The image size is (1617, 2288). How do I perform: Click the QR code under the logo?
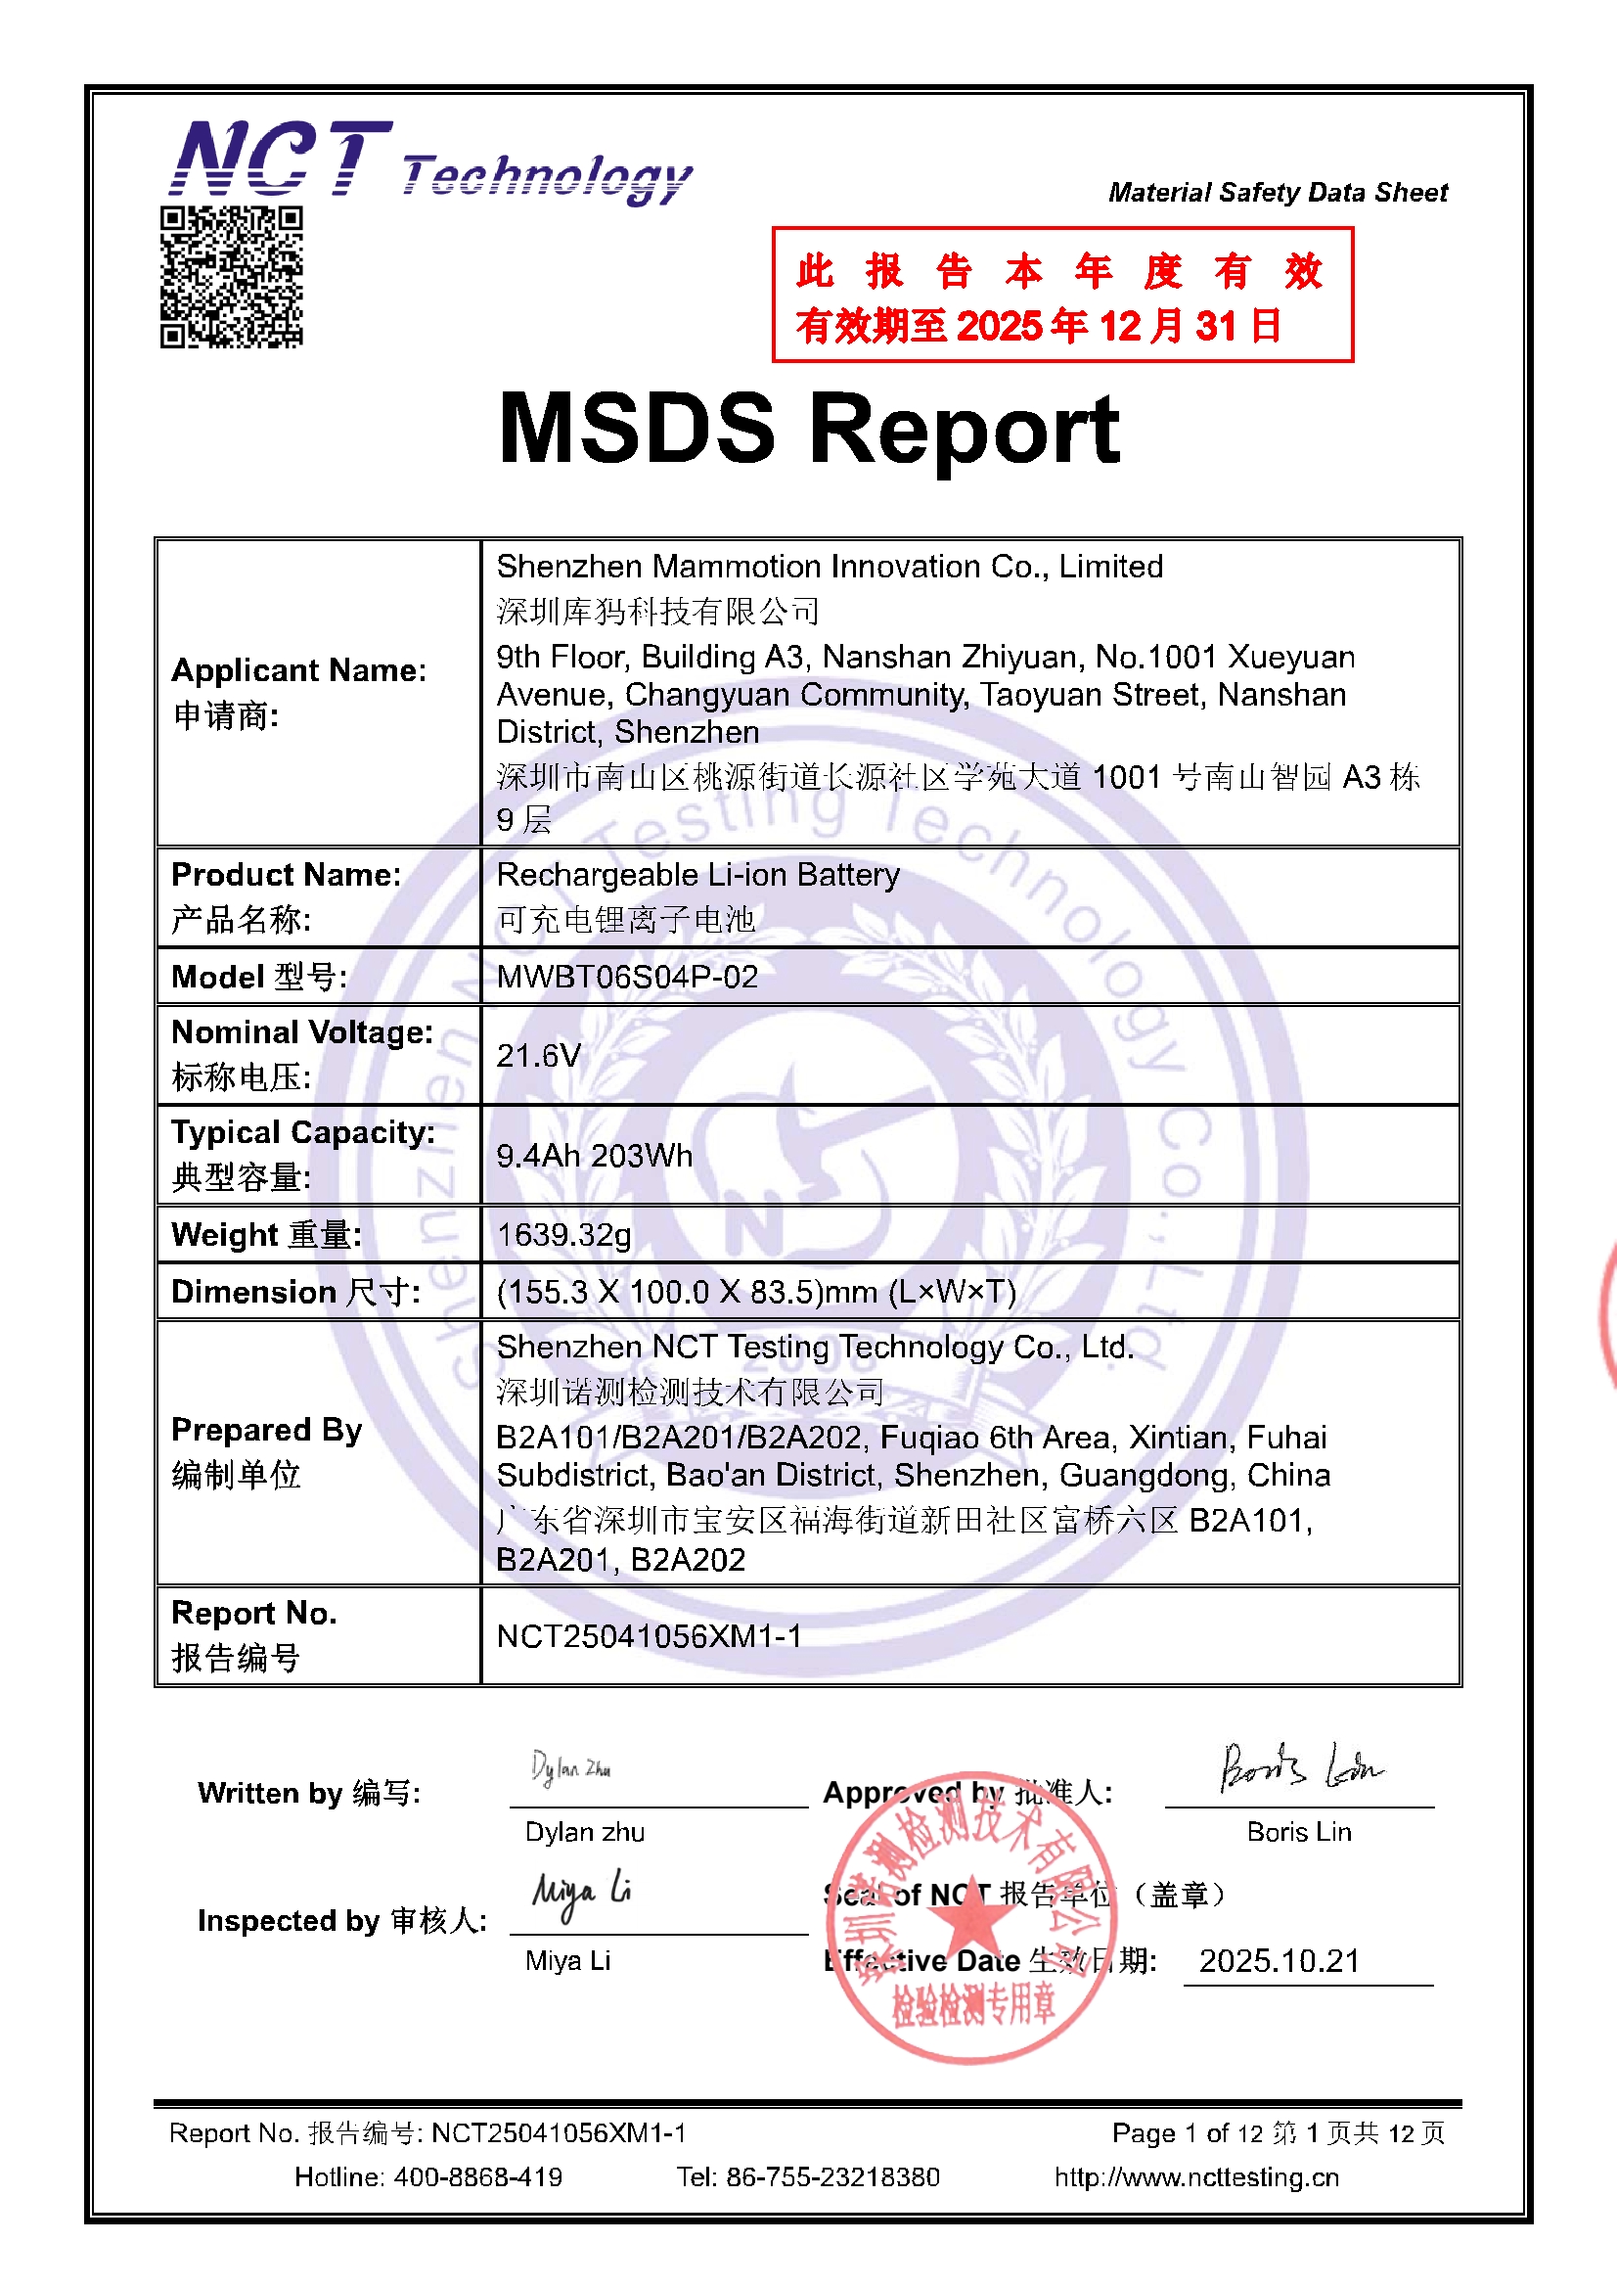coord(231,277)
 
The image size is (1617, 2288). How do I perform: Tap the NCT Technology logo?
coord(430,161)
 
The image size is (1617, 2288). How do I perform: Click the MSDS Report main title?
coord(809,429)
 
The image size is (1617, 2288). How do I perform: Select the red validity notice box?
coord(1062,295)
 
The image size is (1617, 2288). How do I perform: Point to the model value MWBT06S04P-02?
coord(627,977)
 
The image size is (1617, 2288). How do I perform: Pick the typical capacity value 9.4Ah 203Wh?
coord(594,1156)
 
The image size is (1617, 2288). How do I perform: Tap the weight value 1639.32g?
coord(563,1235)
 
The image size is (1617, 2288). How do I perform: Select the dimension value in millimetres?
coord(756,1293)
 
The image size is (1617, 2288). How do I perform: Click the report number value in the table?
coord(649,1636)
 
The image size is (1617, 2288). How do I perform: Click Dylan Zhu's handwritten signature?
coord(571,1768)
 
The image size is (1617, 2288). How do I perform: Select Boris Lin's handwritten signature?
coord(1300,1768)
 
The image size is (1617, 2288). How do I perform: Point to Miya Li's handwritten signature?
coord(581,1894)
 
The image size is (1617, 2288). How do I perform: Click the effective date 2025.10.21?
coord(1280,1961)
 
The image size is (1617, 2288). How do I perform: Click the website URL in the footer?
coord(1196,2177)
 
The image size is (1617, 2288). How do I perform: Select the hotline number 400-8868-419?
coord(477,2177)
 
